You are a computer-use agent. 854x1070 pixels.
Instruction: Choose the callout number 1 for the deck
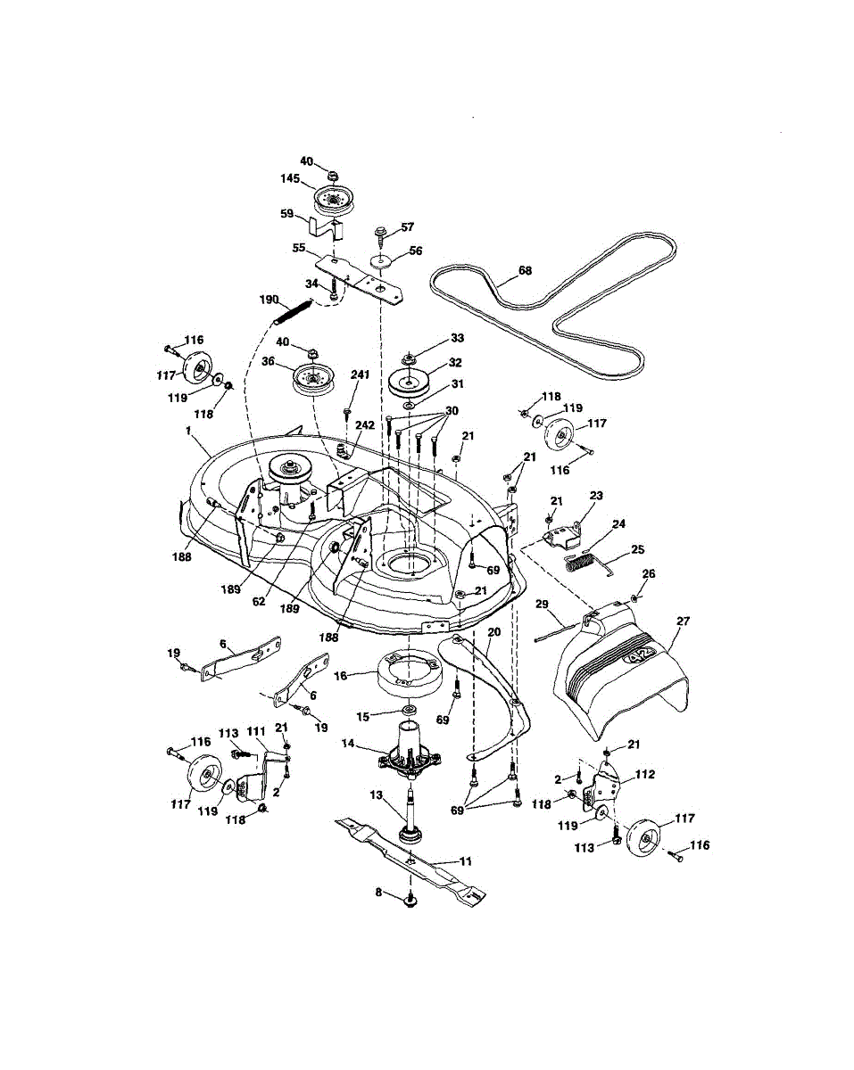click(189, 431)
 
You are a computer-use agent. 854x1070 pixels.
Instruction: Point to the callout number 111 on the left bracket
click(257, 731)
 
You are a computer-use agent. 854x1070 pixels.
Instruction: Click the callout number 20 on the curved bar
click(493, 632)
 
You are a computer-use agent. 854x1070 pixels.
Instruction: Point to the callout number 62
click(258, 602)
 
